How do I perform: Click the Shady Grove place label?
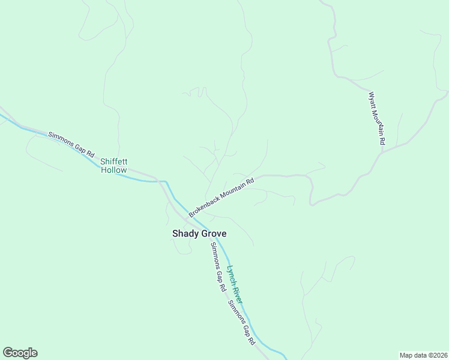tap(199, 233)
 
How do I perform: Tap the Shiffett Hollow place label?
tap(114, 166)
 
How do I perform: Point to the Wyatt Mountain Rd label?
tap(376, 118)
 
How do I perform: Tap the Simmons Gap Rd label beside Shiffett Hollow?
tap(71, 145)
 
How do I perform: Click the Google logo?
tap(20, 353)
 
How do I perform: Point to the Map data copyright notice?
tap(423, 355)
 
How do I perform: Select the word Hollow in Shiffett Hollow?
tap(114, 170)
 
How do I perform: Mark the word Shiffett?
tap(114, 161)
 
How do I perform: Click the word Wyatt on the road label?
tap(372, 100)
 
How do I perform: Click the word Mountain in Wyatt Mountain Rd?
tap(377, 122)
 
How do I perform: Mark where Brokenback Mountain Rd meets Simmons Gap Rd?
tap(187, 217)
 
